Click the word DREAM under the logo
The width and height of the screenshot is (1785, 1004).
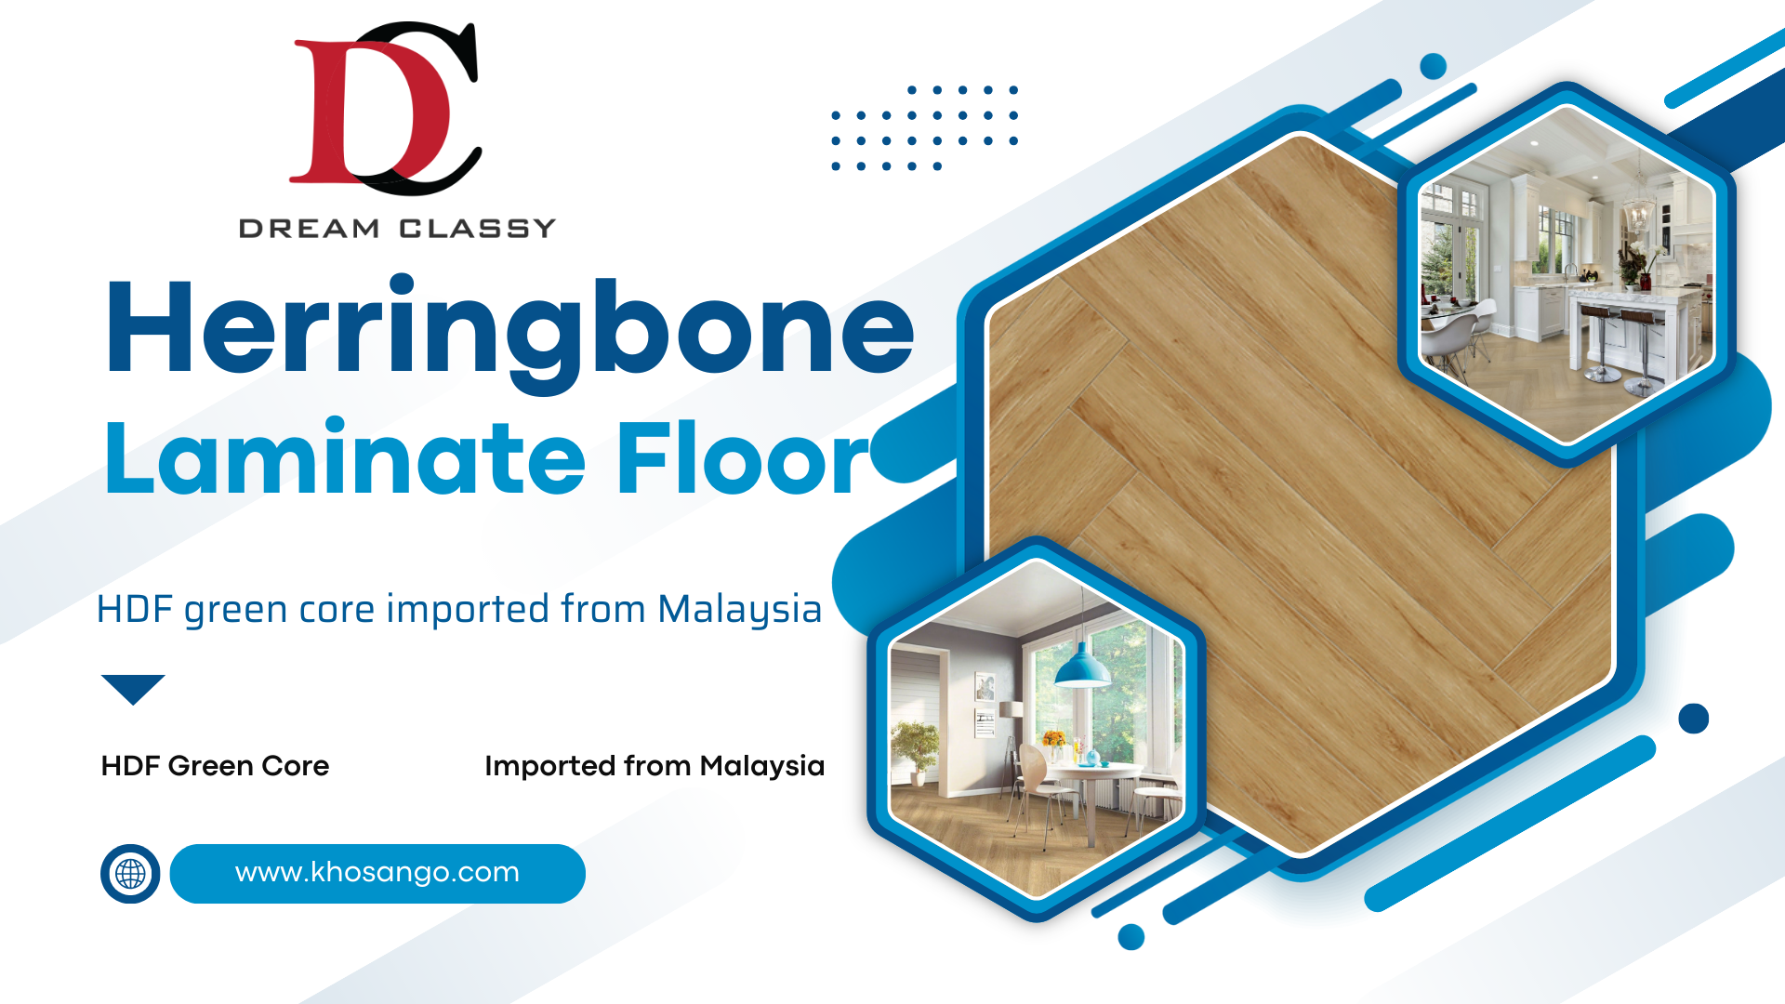pos(309,229)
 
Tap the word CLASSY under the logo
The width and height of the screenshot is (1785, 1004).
pos(477,229)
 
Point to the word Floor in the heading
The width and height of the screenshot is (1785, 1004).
pos(743,457)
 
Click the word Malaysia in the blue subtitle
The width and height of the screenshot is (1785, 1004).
pos(740,611)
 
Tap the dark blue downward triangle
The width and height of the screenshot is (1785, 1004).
pos(133,687)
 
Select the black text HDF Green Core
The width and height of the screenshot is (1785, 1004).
pos(215,766)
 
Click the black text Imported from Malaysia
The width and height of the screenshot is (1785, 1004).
pos(654,766)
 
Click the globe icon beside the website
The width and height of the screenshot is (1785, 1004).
pos(130,874)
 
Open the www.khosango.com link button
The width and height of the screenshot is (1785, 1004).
pos(377,874)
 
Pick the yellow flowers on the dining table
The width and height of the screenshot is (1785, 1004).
pos(1053,740)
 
